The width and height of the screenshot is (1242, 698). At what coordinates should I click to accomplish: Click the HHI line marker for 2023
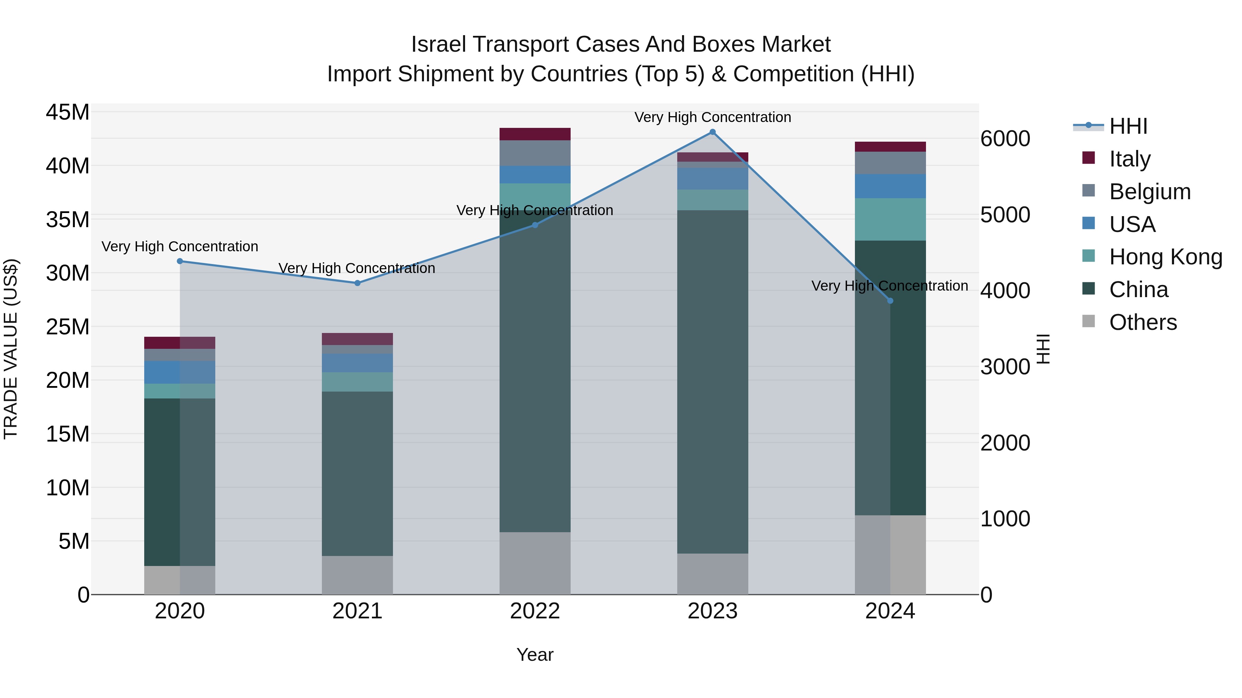[712, 132]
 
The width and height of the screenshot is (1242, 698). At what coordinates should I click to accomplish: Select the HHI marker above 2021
[357, 283]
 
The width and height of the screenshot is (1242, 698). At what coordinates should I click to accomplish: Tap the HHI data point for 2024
[890, 301]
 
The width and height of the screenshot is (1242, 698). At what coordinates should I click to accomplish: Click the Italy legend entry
[1129, 159]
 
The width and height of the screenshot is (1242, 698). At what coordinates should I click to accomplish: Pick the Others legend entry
[1142, 322]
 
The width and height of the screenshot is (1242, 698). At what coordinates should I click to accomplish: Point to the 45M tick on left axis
[68, 112]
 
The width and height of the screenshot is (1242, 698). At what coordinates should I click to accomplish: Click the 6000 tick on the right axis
[1005, 139]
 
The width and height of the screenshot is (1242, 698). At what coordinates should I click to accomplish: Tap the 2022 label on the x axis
[535, 611]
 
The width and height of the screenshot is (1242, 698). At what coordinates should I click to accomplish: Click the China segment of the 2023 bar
[712, 381]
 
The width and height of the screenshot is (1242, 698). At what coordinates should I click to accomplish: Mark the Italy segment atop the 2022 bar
[535, 134]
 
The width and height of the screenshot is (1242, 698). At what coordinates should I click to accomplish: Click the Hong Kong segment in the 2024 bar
[890, 219]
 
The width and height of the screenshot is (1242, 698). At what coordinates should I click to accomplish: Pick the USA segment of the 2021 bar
[357, 363]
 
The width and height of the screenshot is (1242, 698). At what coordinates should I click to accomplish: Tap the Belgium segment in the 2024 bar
[890, 163]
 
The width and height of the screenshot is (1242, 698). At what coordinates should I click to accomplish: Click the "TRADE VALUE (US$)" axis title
[11, 349]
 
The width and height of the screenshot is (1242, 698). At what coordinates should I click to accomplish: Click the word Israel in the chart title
[439, 44]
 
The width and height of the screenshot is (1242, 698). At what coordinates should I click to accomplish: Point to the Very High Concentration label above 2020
[180, 247]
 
